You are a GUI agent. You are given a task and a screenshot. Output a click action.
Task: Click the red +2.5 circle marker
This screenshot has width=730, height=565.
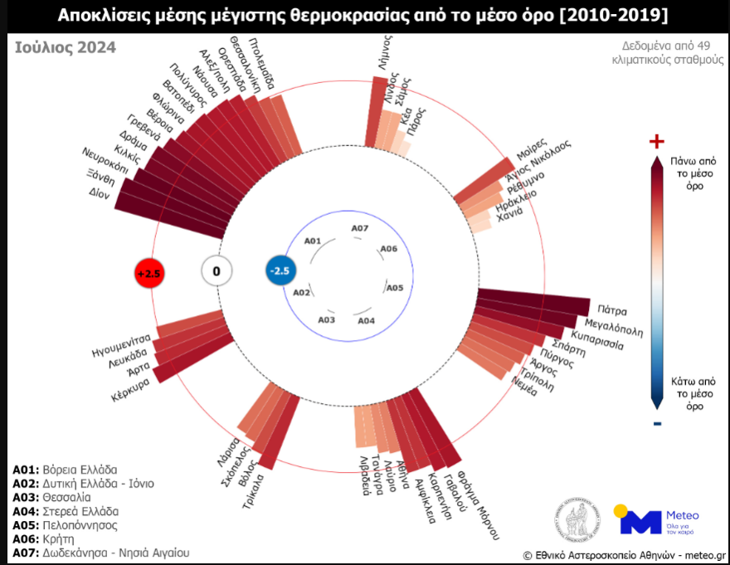(x=150, y=272)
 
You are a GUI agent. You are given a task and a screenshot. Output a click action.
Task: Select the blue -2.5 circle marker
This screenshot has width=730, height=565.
(x=280, y=270)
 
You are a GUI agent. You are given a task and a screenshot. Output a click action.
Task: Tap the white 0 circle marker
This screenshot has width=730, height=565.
(x=217, y=270)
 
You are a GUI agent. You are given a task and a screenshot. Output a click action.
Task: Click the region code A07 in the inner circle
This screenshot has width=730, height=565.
(x=359, y=228)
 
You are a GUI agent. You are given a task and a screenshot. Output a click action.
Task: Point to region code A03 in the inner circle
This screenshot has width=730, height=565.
(x=327, y=319)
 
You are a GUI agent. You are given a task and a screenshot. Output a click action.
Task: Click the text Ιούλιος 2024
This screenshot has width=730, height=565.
(x=66, y=47)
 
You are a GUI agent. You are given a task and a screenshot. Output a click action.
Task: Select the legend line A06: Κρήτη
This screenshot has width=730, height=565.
(x=51, y=539)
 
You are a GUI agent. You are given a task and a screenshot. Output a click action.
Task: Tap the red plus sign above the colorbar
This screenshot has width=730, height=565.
(x=656, y=140)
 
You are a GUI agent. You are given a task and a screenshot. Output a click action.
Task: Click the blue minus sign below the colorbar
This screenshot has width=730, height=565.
(x=656, y=425)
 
